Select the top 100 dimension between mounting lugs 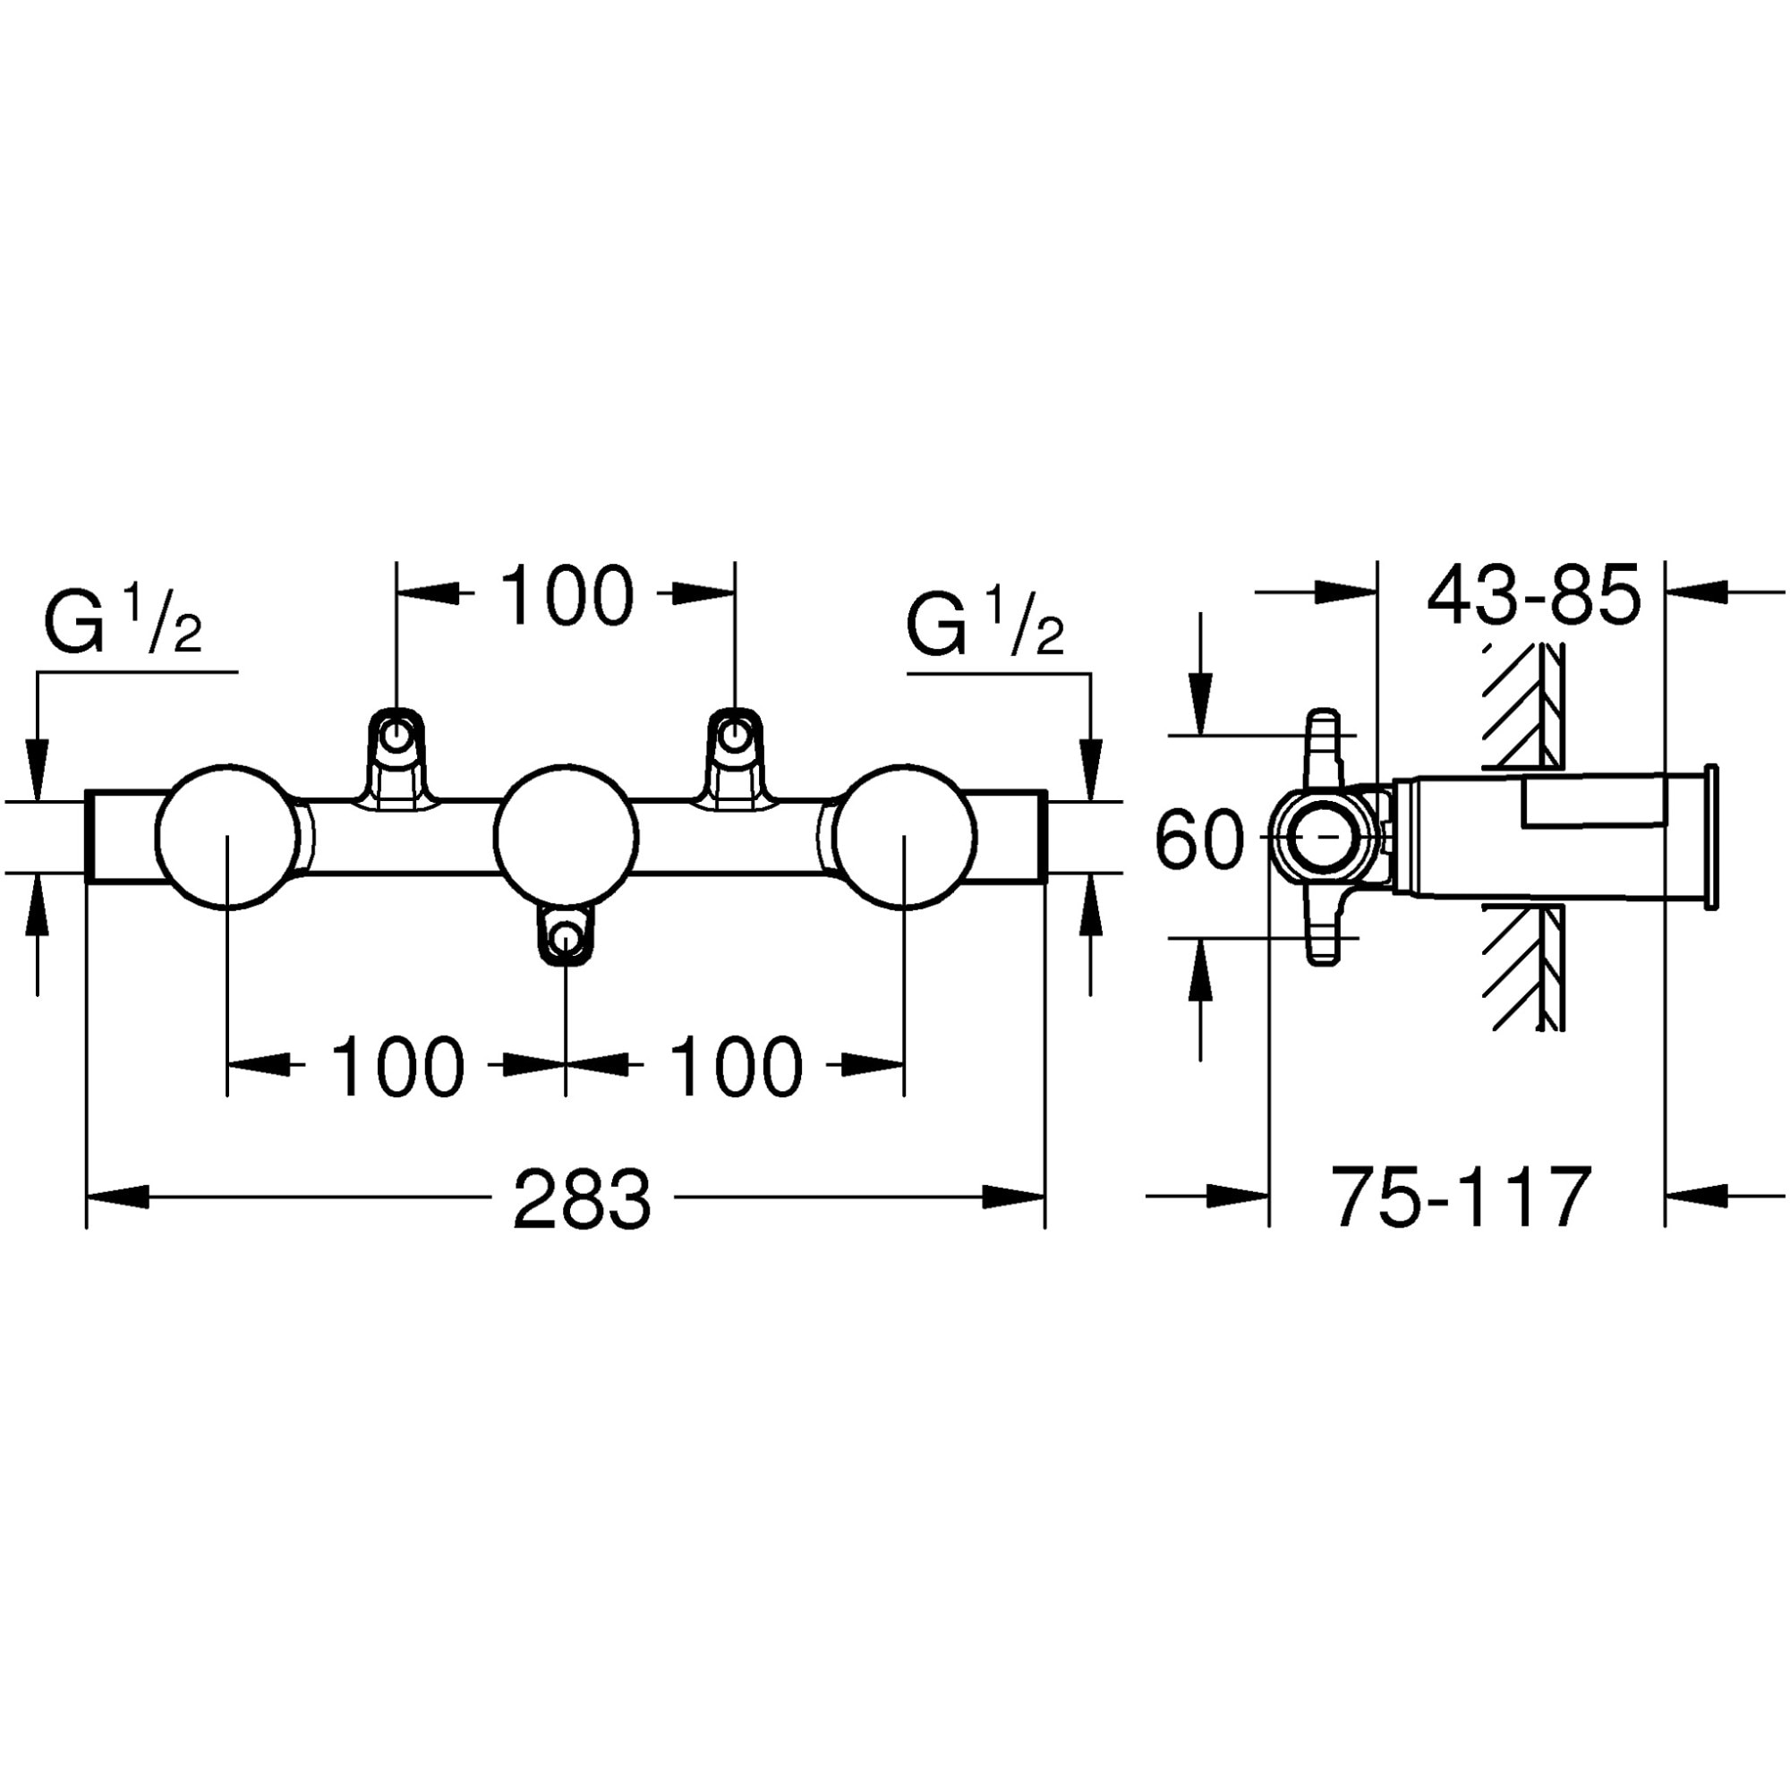[567, 596]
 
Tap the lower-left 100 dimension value [396, 1067]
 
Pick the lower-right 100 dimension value [736, 1067]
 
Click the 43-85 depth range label [1533, 597]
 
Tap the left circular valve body [228, 837]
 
